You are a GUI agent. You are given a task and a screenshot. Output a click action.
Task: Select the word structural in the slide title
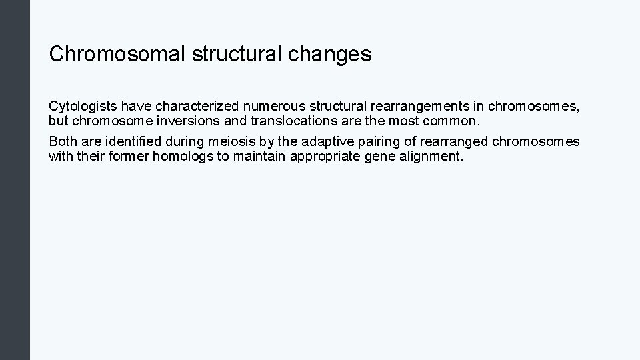point(238,54)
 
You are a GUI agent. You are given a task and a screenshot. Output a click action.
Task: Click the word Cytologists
point(83,107)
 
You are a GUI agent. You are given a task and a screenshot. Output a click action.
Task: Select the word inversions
point(193,121)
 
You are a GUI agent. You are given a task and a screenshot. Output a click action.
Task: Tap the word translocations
point(291,121)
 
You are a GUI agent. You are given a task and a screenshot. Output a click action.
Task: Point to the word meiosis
point(227,142)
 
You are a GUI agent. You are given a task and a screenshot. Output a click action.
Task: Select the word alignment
point(434,157)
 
